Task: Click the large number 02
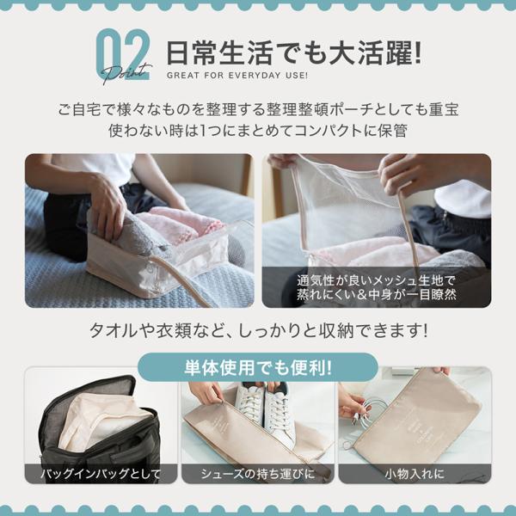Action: click(123, 54)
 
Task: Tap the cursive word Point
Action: click(126, 74)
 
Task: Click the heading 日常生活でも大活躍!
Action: click(293, 53)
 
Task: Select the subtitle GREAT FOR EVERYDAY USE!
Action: click(237, 76)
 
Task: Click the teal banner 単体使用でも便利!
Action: click(258, 367)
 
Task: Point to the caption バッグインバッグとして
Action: click(101, 474)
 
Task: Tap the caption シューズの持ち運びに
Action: click(258, 474)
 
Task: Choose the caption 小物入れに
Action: click(415, 474)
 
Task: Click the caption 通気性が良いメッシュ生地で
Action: click(376, 280)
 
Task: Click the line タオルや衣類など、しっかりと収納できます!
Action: click(258, 330)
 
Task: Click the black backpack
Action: click(99, 427)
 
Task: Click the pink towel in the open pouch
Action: click(180, 223)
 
